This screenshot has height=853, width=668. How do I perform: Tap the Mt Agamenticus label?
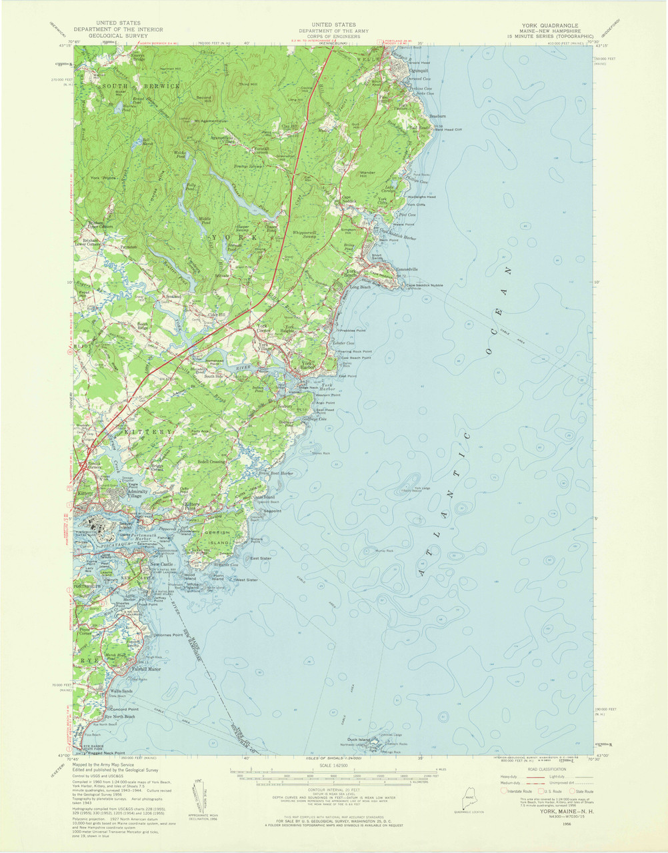click(206, 121)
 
